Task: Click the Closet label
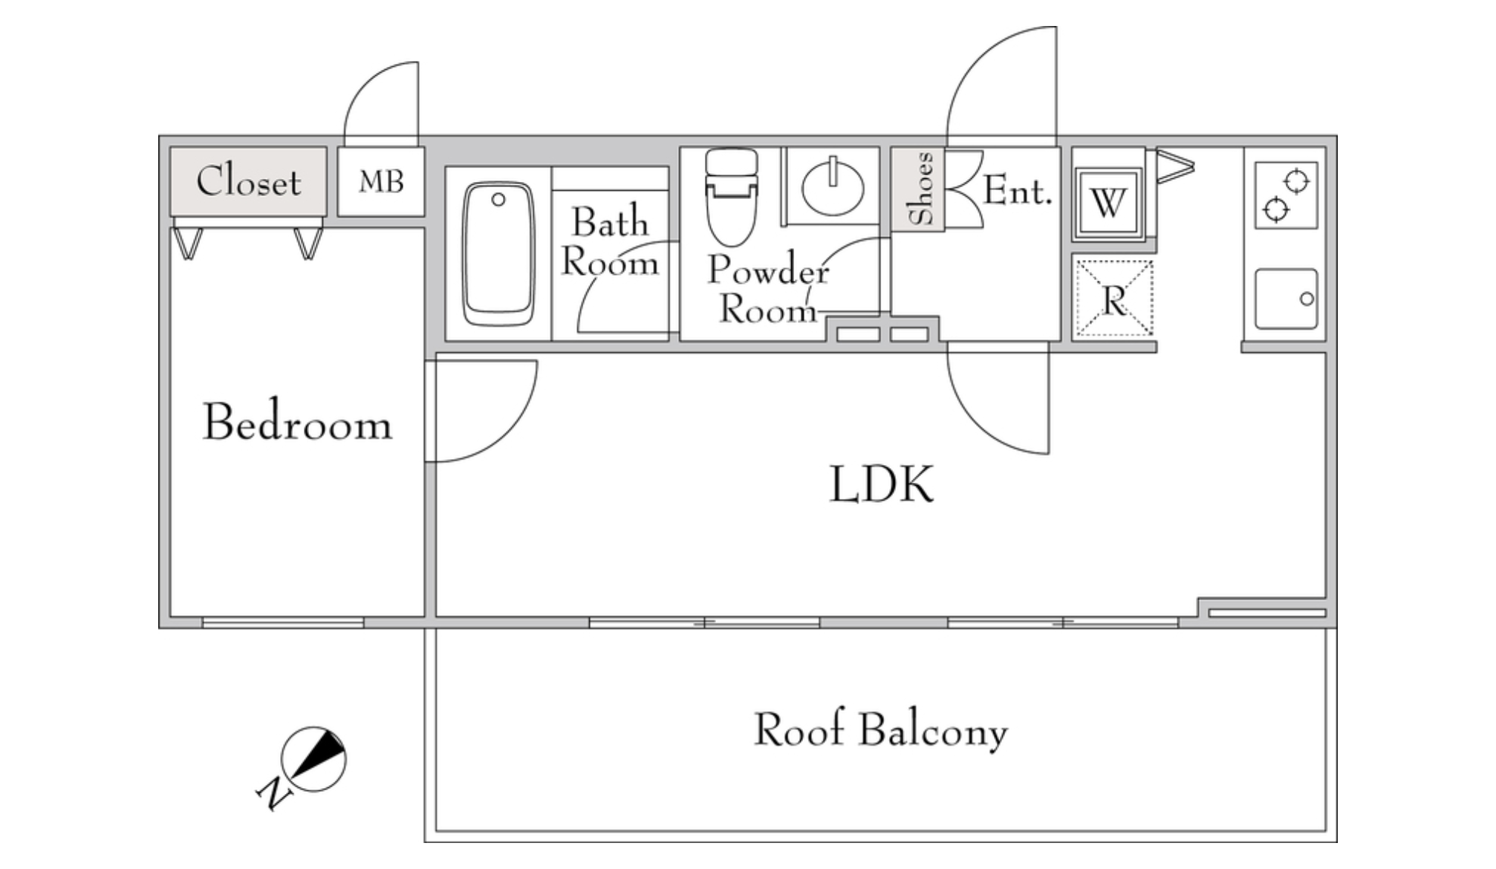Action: pos(249,181)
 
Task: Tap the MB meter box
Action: pos(381,181)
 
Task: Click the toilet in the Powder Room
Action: pos(732,197)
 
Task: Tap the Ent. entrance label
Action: pos(1017,191)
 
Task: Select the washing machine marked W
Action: pos(1108,202)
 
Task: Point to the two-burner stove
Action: pos(1287,195)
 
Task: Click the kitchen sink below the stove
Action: pos(1287,299)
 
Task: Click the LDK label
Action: pos(881,484)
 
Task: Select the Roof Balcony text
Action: pos(881,730)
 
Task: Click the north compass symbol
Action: pos(314,759)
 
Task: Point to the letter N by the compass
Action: pos(273,793)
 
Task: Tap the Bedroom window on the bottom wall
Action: pos(283,622)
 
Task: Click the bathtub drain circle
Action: pos(498,199)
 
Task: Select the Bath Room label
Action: pos(610,242)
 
